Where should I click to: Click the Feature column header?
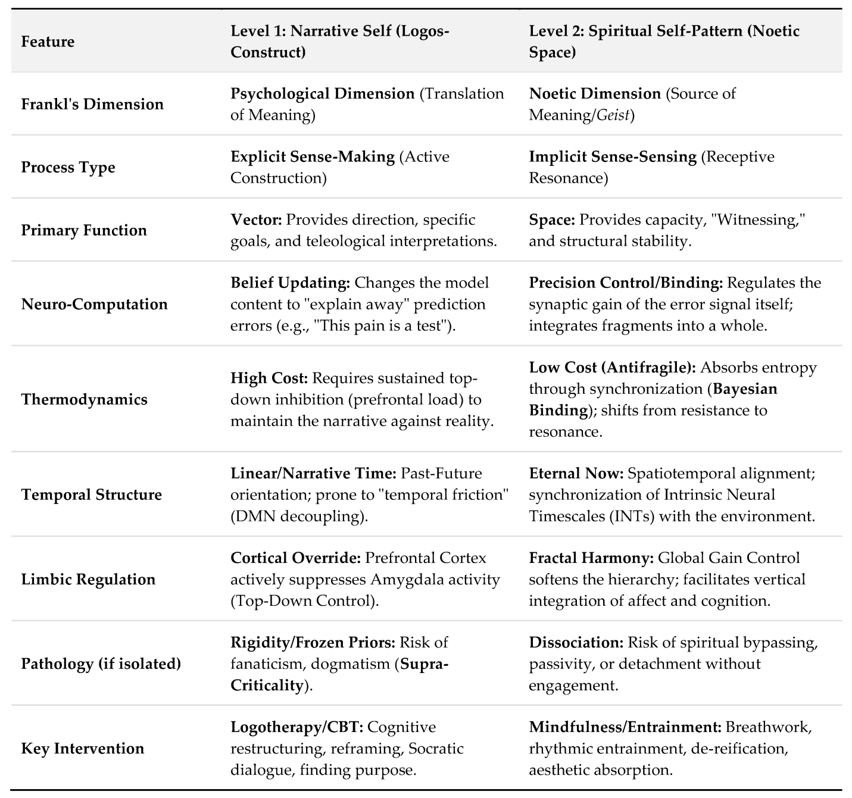(x=48, y=42)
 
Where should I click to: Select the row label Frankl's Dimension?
(x=92, y=104)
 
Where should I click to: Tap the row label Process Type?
(x=68, y=167)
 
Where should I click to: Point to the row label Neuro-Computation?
(x=94, y=304)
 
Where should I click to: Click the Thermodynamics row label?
(x=84, y=399)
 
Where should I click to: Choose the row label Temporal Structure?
(x=91, y=495)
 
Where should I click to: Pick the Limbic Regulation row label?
(x=88, y=579)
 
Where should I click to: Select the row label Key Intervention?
(x=82, y=748)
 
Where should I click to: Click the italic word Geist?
(x=613, y=115)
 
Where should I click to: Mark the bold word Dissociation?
(x=576, y=642)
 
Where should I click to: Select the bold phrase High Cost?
(x=269, y=378)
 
